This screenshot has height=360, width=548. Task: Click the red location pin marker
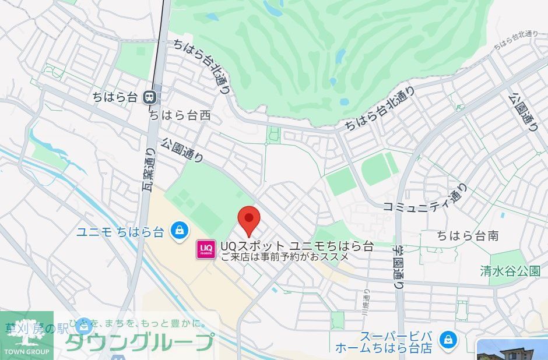point(250,220)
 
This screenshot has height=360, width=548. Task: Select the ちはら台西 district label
point(180,116)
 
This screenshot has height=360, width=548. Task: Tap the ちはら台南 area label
point(468,236)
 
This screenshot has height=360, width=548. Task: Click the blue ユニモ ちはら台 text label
point(121,231)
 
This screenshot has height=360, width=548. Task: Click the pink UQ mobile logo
point(206,250)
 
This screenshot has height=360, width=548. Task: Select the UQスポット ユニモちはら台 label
point(297,245)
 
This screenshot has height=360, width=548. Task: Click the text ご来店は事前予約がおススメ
point(284,256)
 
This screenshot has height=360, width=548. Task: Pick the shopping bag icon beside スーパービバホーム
point(448,338)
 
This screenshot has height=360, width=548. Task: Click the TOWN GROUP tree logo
point(27,335)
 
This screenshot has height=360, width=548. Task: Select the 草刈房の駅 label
point(37,329)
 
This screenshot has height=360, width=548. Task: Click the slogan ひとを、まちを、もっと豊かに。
point(138,323)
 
